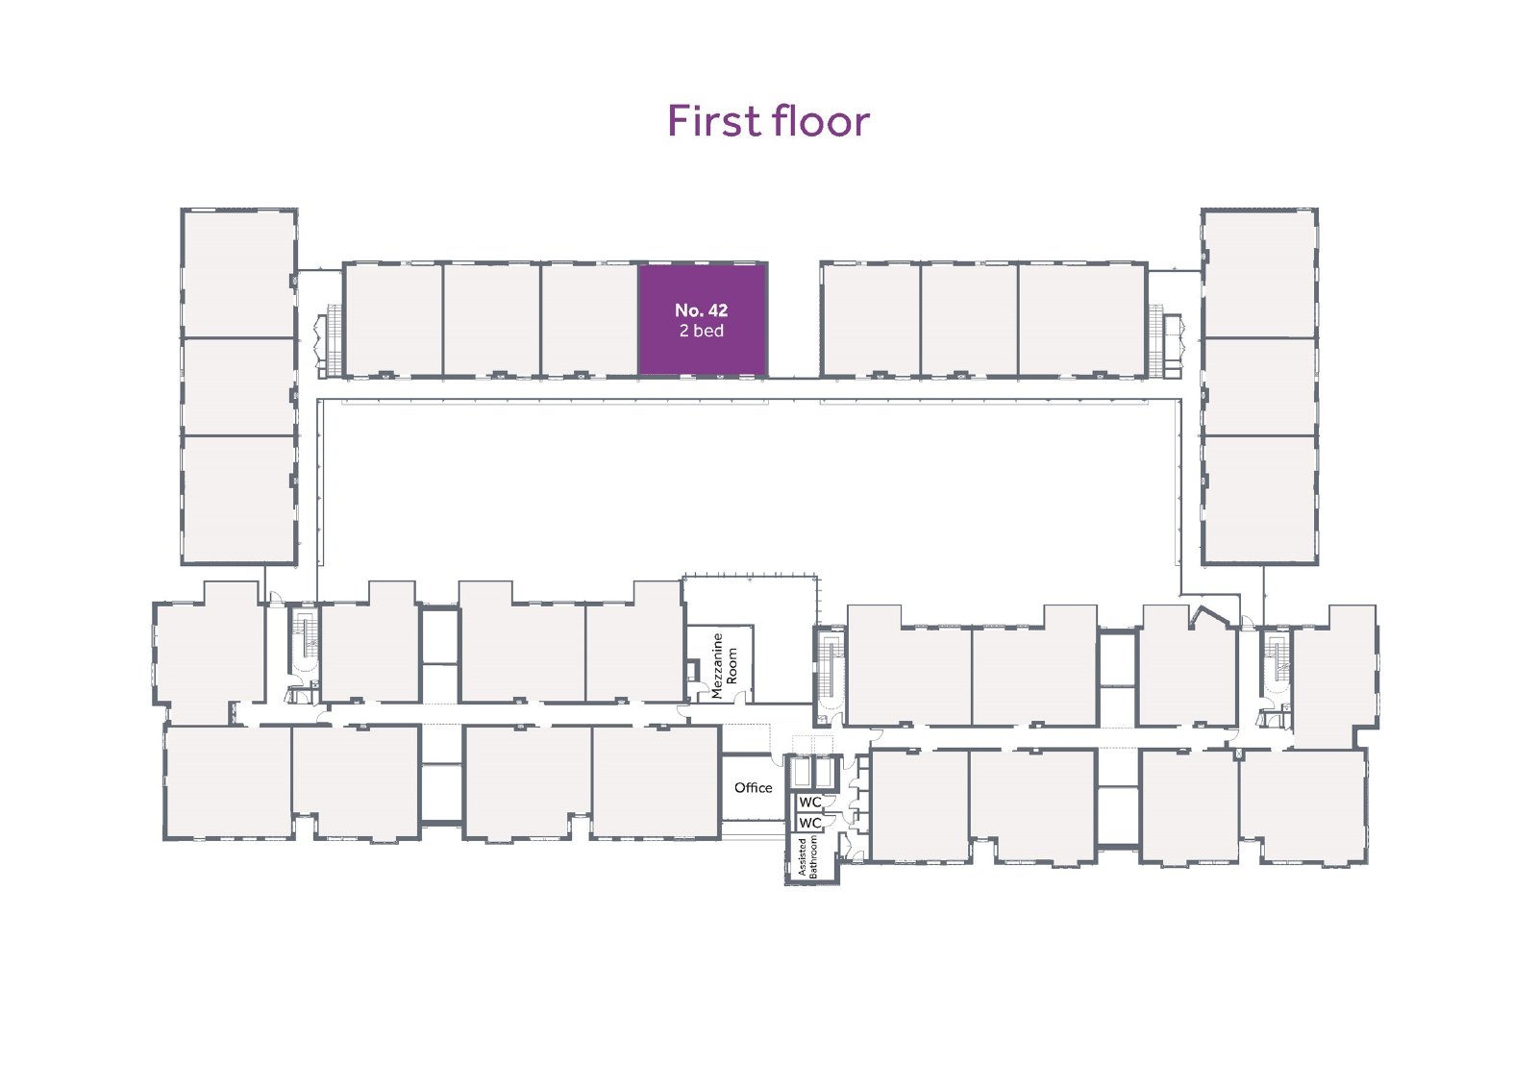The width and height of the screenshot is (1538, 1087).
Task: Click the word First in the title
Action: (x=714, y=121)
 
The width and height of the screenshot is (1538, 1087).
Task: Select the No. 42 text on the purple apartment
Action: (x=701, y=309)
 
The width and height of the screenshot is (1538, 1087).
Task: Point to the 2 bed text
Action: (x=701, y=331)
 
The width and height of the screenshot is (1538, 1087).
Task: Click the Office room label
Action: (x=754, y=787)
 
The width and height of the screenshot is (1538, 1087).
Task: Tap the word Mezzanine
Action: (x=718, y=665)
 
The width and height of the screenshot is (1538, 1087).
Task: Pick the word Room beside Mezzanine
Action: (x=732, y=665)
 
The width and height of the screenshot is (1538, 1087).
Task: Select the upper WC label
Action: (x=810, y=802)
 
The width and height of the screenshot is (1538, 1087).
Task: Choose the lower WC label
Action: (x=810, y=822)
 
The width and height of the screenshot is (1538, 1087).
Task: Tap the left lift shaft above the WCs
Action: (x=801, y=773)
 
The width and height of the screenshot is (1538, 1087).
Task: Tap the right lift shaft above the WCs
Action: (x=823, y=773)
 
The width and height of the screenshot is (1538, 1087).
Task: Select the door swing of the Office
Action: (x=778, y=759)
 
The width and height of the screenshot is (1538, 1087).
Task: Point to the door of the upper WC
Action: (x=829, y=801)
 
